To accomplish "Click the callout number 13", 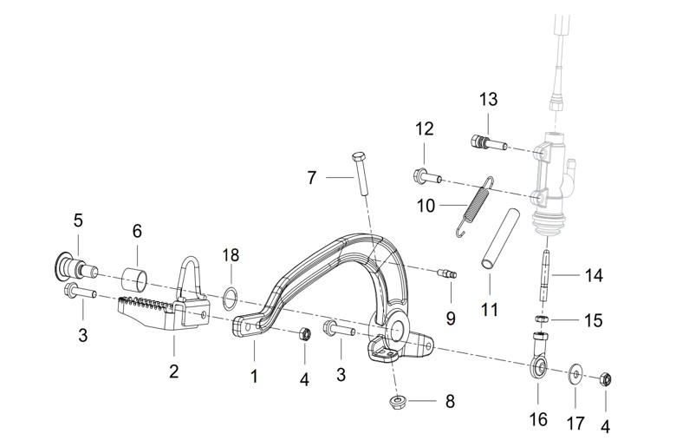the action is coord(488,99).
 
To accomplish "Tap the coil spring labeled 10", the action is coord(475,206).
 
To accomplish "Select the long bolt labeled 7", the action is coord(360,174).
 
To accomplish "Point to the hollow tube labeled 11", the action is coord(501,238).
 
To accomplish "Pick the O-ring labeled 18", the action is coord(231,296).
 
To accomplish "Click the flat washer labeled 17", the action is coord(575,374).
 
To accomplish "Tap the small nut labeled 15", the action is coord(543,319).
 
